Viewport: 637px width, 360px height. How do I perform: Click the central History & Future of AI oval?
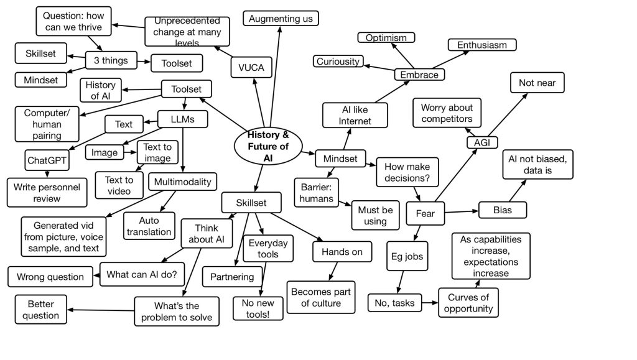coord(268,147)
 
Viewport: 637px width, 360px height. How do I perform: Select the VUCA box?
coord(251,68)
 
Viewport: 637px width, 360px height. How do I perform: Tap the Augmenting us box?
coord(281,19)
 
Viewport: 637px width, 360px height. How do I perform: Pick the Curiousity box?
coord(338,61)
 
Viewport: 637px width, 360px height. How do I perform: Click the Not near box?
coord(537,83)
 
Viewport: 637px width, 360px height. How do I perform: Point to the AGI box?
coord(481,142)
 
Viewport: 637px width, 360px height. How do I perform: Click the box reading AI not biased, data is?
coord(537,164)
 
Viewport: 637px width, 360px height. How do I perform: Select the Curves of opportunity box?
coord(470,302)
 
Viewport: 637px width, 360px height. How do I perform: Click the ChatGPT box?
coord(47,160)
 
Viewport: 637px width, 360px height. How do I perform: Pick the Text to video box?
coord(118,185)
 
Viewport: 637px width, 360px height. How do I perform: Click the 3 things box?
coord(110,60)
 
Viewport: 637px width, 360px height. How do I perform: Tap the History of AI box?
coord(100,90)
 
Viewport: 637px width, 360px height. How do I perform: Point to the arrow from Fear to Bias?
coord(460,212)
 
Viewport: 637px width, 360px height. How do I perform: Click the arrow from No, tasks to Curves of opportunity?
coord(430,303)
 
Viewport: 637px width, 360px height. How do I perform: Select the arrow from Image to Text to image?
coord(130,152)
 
